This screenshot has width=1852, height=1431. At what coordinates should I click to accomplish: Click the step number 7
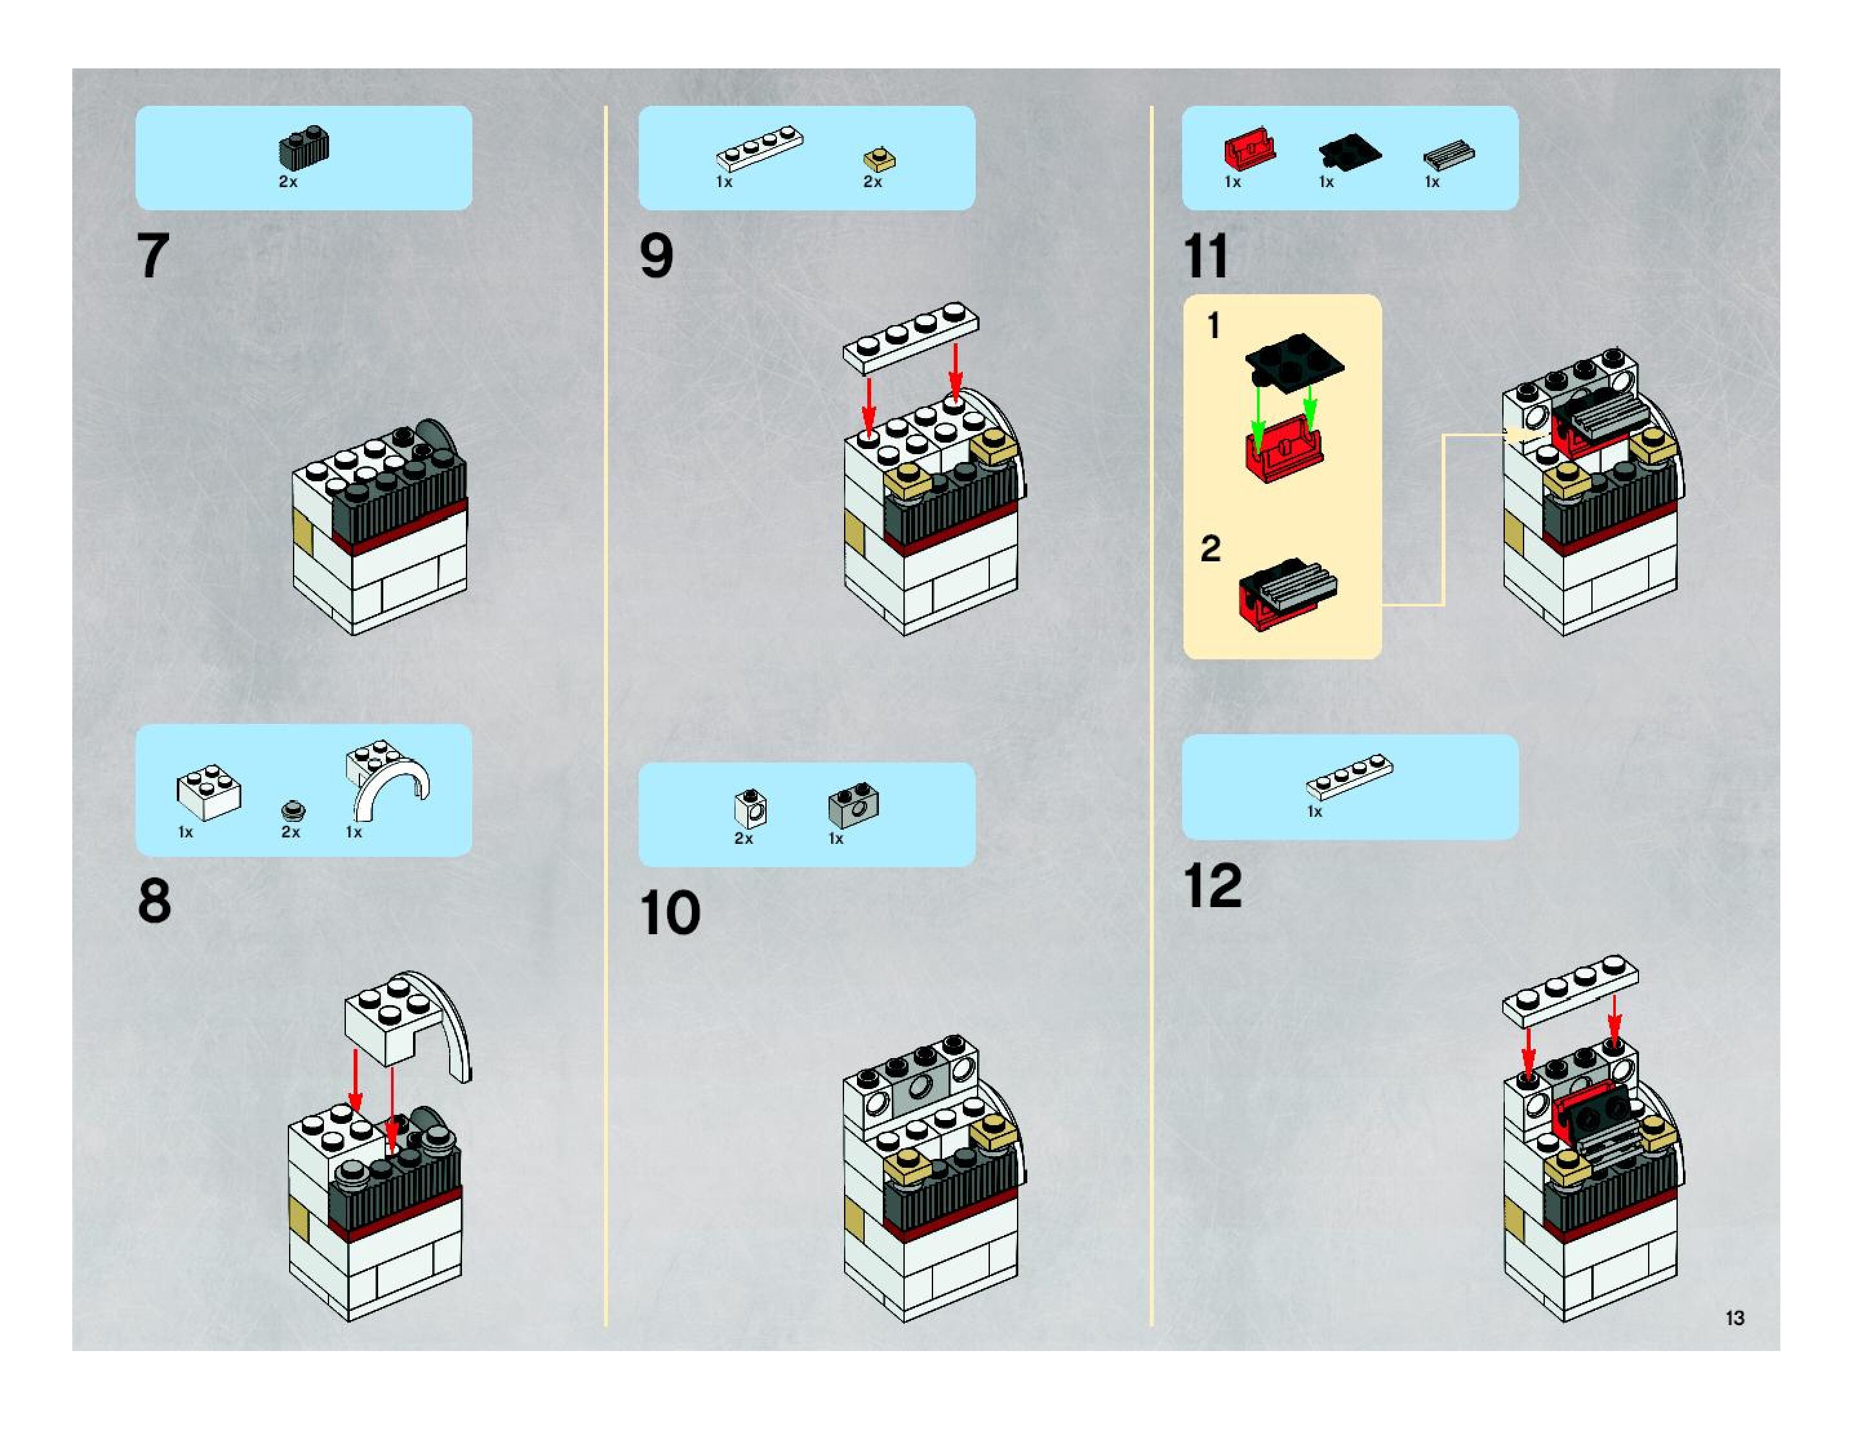click(x=154, y=255)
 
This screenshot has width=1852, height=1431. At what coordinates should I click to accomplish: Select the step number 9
click(x=656, y=255)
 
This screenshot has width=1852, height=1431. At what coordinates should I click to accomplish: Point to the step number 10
click(x=670, y=913)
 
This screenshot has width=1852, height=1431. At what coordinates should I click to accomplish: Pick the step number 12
click(x=1213, y=886)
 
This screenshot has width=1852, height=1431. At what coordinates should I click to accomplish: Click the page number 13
click(x=1734, y=1318)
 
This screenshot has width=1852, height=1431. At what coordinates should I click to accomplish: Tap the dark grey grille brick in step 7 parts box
click(x=303, y=149)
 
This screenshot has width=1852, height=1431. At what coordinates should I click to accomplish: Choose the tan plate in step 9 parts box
click(x=880, y=159)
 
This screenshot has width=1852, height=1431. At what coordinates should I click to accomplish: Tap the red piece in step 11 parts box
click(x=1249, y=150)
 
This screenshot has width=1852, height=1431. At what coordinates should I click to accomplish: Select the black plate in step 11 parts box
click(x=1349, y=150)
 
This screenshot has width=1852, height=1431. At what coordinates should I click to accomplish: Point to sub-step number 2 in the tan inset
click(x=1210, y=549)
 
